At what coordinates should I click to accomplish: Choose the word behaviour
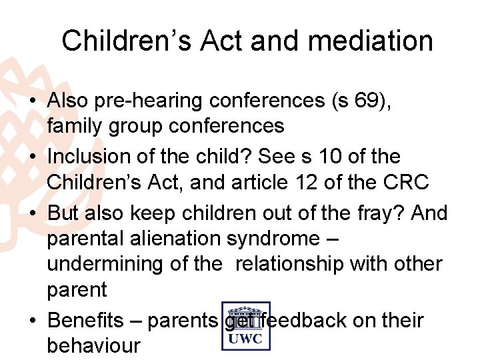click(93, 346)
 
